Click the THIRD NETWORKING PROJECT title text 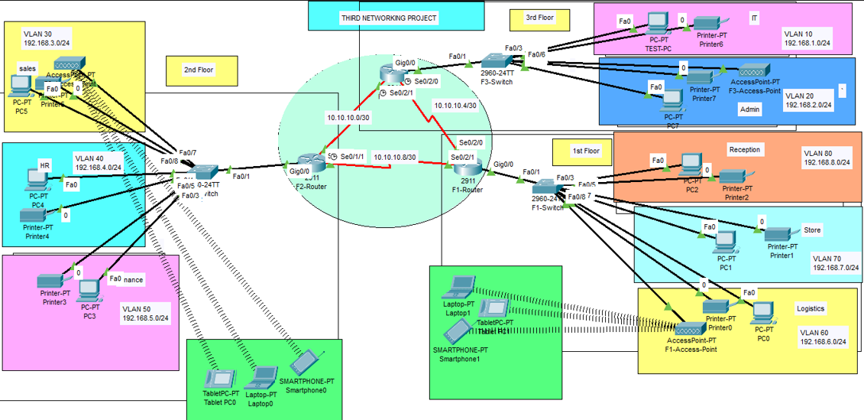pyautogui.click(x=389, y=18)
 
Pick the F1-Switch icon pyautogui.click(x=545, y=186)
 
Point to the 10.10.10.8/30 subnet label pyautogui.click(x=395, y=157)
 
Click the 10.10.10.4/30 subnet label pyautogui.click(x=455, y=106)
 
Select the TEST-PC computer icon pyautogui.click(x=657, y=24)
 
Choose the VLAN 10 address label pyautogui.click(x=807, y=39)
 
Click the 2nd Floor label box pyautogui.click(x=199, y=70)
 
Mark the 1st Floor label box pyautogui.click(x=586, y=151)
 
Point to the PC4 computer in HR pyautogui.click(x=36, y=181)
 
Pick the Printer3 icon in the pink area pyautogui.click(x=53, y=281)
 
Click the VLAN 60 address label pyautogui.click(x=822, y=337)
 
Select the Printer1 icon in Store pyautogui.click(x=781, y=236)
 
